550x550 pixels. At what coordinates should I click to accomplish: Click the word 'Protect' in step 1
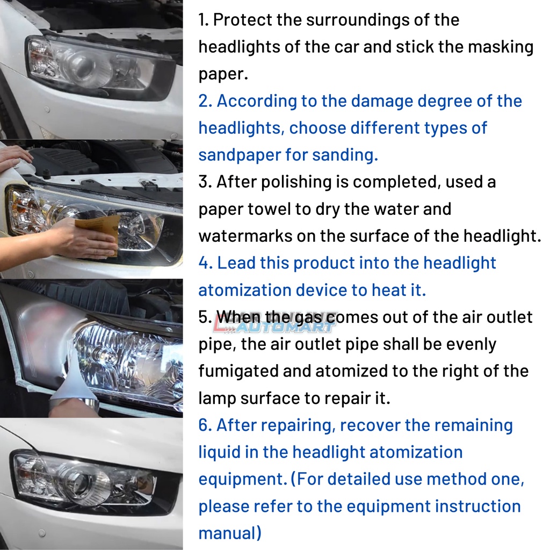242,20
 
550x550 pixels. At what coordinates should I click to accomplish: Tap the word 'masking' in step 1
502,47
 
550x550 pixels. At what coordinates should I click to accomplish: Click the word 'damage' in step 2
381,102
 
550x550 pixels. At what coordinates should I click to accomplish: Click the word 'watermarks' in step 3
245,236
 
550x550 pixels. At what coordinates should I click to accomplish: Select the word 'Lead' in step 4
236,263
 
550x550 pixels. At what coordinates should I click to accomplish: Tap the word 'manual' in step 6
230,533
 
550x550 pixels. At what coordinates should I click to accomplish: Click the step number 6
204,425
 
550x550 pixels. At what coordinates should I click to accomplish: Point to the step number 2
204,102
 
